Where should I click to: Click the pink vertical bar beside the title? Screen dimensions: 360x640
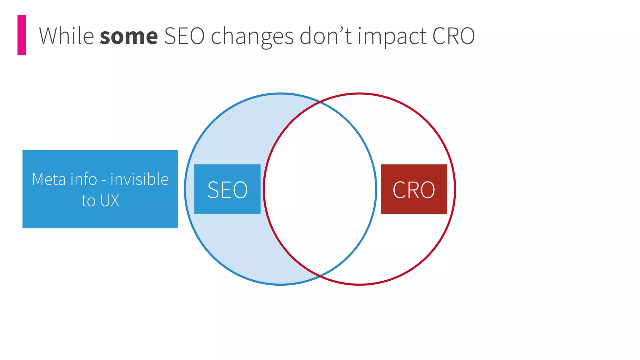coord(22,35)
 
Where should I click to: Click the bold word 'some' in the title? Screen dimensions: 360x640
coord(129,36)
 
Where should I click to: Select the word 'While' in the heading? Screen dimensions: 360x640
coord(66,36)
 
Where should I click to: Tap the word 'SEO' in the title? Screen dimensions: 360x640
coord(184,36)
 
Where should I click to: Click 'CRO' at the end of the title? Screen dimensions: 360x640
coord(453,36)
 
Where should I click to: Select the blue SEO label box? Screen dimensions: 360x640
coord(227,189)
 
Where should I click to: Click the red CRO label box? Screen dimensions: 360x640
coord(414,189)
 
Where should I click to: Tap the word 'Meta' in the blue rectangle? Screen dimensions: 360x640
coord(49,179)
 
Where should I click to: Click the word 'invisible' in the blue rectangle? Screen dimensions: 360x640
coord(139,179)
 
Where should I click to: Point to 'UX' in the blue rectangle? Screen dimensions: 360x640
coord(110,201)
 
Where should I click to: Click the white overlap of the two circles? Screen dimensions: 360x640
coord(320,189)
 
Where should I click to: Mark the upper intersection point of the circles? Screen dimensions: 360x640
coord(320,102)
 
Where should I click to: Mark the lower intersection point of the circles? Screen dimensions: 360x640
coord(320,276)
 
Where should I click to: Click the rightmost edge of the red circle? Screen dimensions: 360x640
coord(455,189)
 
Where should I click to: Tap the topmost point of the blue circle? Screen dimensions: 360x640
coord(280,93)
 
